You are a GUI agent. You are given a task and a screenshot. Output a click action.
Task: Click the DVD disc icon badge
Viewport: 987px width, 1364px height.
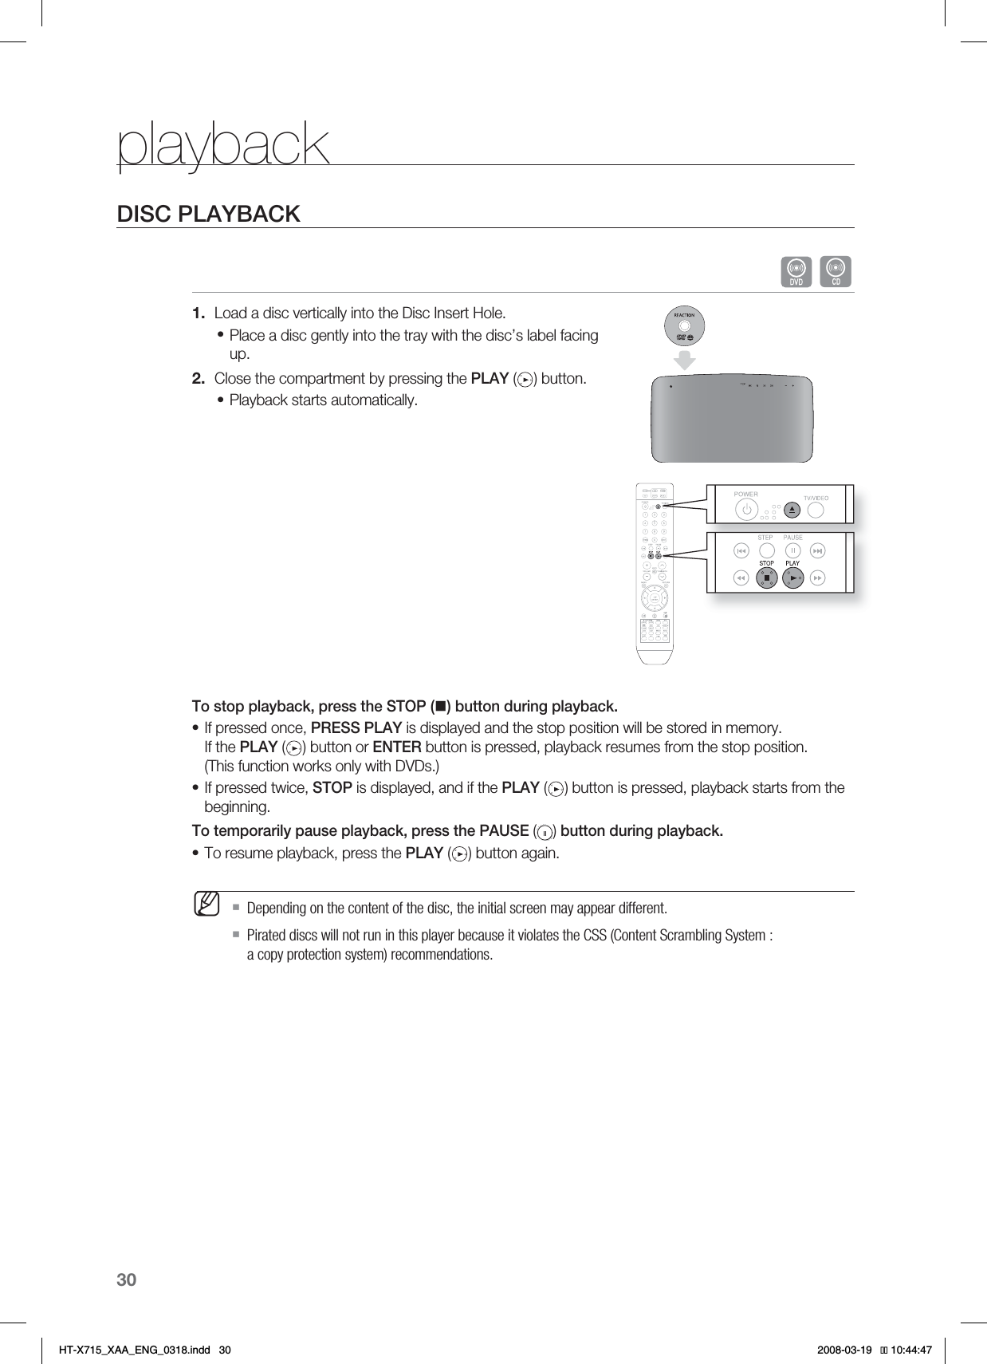point(796,271)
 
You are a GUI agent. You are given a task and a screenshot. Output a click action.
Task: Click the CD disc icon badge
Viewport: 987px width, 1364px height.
point(836,271)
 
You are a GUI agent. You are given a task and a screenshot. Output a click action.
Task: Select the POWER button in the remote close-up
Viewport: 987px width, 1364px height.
point(746,510)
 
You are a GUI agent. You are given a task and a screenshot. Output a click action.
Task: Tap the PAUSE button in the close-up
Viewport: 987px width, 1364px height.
point(792,550)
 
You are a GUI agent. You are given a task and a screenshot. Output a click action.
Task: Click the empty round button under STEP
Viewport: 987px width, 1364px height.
point(766,550)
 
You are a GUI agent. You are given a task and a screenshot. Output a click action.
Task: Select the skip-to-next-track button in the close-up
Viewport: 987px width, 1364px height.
point(818,550)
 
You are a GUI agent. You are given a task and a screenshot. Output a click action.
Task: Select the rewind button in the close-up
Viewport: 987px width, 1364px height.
point(741,578)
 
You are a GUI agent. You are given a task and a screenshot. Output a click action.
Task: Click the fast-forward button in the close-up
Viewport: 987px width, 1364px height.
point(818,578)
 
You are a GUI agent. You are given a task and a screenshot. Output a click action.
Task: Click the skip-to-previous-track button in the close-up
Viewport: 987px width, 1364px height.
point(741,550)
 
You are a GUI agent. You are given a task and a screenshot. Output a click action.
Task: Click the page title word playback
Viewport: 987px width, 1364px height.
point(223,145)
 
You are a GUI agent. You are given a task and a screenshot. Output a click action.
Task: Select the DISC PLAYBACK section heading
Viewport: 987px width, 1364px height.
point(209,214)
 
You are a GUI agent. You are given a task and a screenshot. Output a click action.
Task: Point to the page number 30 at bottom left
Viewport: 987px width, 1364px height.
point(127,1280)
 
